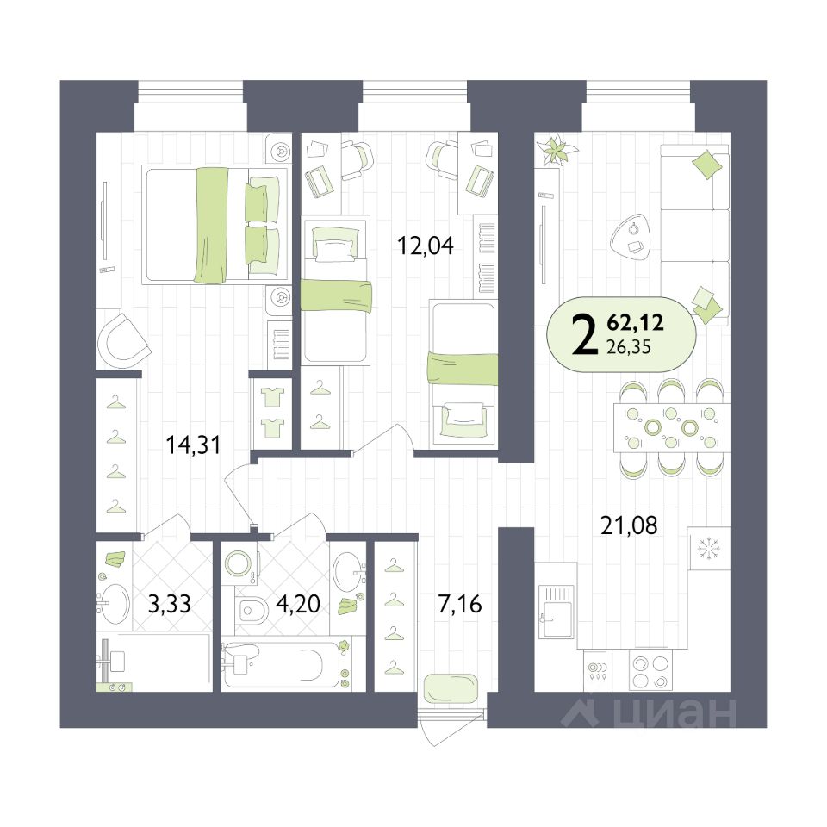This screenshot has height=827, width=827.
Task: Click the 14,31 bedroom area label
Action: pos(193,445)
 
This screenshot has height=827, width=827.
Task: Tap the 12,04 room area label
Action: pos(425,246)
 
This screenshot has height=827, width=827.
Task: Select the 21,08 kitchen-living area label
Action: pos(629,525)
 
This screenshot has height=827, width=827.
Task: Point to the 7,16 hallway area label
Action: pos(460,604)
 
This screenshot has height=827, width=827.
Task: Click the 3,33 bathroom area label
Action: pos(170,604)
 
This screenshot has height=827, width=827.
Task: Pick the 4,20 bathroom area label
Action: pos(298,604)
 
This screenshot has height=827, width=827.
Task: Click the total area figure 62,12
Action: pos(635,321)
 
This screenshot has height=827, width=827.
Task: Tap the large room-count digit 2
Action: pos(584,335)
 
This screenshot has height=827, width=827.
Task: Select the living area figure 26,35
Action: pos(629,347)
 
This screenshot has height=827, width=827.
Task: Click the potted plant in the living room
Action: pos(557,149)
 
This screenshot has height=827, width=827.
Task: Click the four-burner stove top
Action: pos(651,672)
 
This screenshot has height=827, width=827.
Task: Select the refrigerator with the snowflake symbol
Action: pos(709,549)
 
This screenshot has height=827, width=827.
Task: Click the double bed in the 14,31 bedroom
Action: pos(215,225)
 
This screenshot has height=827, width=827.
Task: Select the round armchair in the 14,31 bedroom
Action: pos(123,341)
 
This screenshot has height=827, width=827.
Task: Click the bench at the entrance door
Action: pos(451,687)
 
